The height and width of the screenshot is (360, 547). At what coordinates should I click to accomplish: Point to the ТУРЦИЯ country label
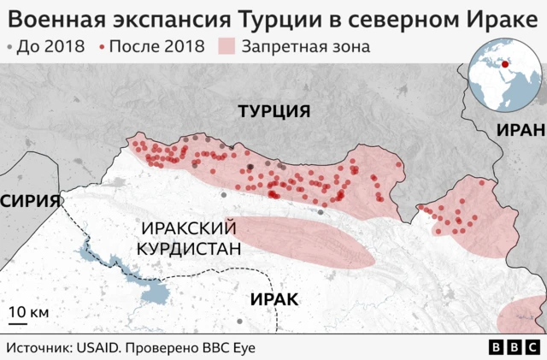point(273,112)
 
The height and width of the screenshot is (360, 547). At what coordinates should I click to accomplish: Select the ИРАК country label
point(274,298)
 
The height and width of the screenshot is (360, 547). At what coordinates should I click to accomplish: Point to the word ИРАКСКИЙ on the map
point(189,228)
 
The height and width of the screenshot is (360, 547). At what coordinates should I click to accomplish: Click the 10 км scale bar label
point(29,312)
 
